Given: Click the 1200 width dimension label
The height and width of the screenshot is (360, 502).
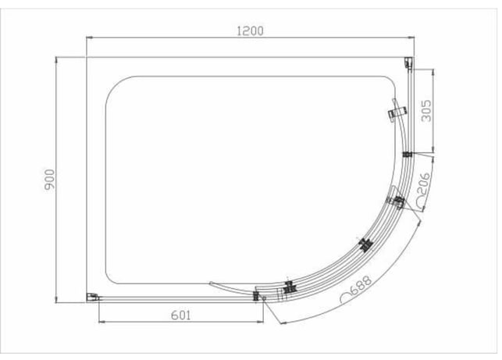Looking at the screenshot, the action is pyautogui.click(x=250, y=31).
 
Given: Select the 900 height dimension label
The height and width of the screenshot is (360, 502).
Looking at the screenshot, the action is pyautogui.click(x=50, y=180).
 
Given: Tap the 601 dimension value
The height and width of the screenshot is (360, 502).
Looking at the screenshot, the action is pyautogui.click(x=181, y=315).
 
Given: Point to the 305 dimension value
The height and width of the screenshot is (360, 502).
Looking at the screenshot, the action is pyautogui.click(x=426, y=111).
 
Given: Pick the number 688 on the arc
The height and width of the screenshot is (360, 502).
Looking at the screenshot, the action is pyautogui.click(x=361, y=285).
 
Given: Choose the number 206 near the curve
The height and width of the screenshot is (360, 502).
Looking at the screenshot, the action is pyautogui.click(x=424, y=184).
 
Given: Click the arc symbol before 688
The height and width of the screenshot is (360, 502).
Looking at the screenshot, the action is pyautogui.click(x=345, y=298).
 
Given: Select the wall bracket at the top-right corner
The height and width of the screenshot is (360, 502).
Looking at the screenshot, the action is pyautogui.click(x=408, y=62).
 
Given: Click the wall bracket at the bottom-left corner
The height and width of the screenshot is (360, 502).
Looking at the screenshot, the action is pyautogui.click(x=92, y=298).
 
